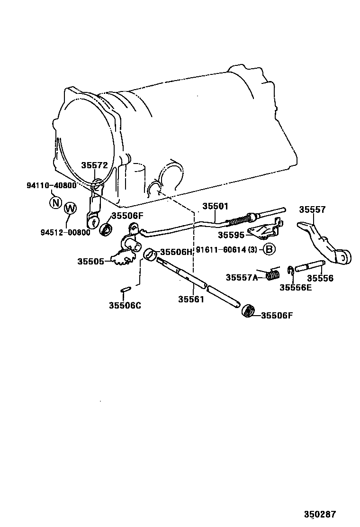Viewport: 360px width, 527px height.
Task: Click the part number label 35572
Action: [x=94, y=165]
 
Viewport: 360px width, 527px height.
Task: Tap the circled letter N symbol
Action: [x=55, y=203]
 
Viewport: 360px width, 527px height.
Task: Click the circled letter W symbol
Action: [x=70, y=208]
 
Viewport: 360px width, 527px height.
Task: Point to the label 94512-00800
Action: [x=65, y=232]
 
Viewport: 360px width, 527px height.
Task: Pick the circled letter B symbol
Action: [x=269, y=249]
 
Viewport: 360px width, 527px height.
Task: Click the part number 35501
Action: [x=216, y=206]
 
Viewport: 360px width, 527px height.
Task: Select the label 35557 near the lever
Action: [x=312, y=209]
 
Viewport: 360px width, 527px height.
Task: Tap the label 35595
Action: [x=232, y=235]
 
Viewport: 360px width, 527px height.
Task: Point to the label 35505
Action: [x=91, y=261]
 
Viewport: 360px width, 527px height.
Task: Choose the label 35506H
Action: [x=176, y=252]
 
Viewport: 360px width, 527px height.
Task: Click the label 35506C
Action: [x=125, y=306]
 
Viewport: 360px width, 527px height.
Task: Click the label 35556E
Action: [x=295, y=287]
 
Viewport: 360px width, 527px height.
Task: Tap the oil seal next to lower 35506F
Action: [x=248, y=311]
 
